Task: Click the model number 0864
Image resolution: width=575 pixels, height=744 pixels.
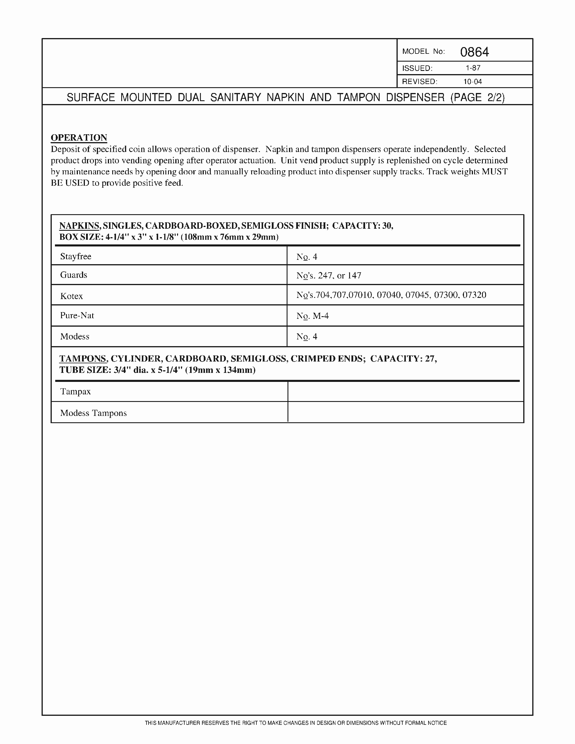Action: [x=474, y=52]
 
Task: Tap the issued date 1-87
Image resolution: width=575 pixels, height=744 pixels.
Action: [x=473, y=68]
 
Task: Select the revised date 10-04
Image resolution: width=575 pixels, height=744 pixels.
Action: [x=473, y=81]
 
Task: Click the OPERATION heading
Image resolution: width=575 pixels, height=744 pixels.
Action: [x=79, y=138]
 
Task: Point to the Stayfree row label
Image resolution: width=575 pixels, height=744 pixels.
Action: [x=76, y=256]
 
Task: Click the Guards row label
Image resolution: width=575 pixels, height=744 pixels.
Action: [x=74, y=275]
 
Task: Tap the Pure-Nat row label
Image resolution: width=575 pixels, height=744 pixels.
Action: [x=77, y=315]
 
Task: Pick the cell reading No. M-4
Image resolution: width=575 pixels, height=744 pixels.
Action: [x=312, y=316]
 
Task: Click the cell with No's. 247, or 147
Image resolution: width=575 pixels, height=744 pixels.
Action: [x=328, y=275]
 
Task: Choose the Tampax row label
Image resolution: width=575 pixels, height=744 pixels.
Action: [x=75, y=391]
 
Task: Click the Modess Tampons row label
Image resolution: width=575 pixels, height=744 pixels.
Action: [x=93, y=413]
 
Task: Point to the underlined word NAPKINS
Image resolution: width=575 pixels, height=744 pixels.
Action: [x=79, y=226]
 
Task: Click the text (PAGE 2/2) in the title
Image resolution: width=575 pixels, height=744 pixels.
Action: [x=477, y=97]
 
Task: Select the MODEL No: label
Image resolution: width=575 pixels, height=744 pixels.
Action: [x=423, y=51]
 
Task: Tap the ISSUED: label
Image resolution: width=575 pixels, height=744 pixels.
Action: [x=417, y=68]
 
